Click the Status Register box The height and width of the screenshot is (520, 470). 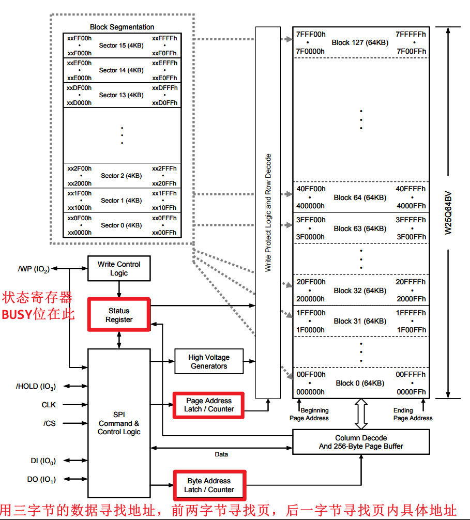[119, 315]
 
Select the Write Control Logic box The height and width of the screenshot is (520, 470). [119, 269]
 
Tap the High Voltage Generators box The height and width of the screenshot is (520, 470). [209, 362]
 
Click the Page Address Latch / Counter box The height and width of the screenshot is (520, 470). [209, 405]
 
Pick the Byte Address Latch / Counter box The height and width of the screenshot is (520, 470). [209, 485]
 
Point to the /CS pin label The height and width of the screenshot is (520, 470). [50, 423]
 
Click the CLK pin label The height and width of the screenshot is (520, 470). [49, 405]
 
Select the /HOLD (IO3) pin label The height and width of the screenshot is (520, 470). [36, 386]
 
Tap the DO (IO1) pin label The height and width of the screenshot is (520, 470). [41, 479]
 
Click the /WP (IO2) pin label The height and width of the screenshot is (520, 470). [34, 269]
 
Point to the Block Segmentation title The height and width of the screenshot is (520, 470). [122, 27]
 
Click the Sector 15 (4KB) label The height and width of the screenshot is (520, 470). [121, 45]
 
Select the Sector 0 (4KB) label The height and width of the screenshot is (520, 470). [121, 225]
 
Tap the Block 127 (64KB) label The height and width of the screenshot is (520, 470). [360, 42]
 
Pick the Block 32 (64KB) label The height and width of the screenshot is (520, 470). [360, 290]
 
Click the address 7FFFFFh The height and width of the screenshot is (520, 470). [411, 34]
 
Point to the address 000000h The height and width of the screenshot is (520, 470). [310, 392]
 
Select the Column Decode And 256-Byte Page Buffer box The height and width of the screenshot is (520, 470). [361, 442]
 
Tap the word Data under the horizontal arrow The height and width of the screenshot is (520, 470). [221, 454]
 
